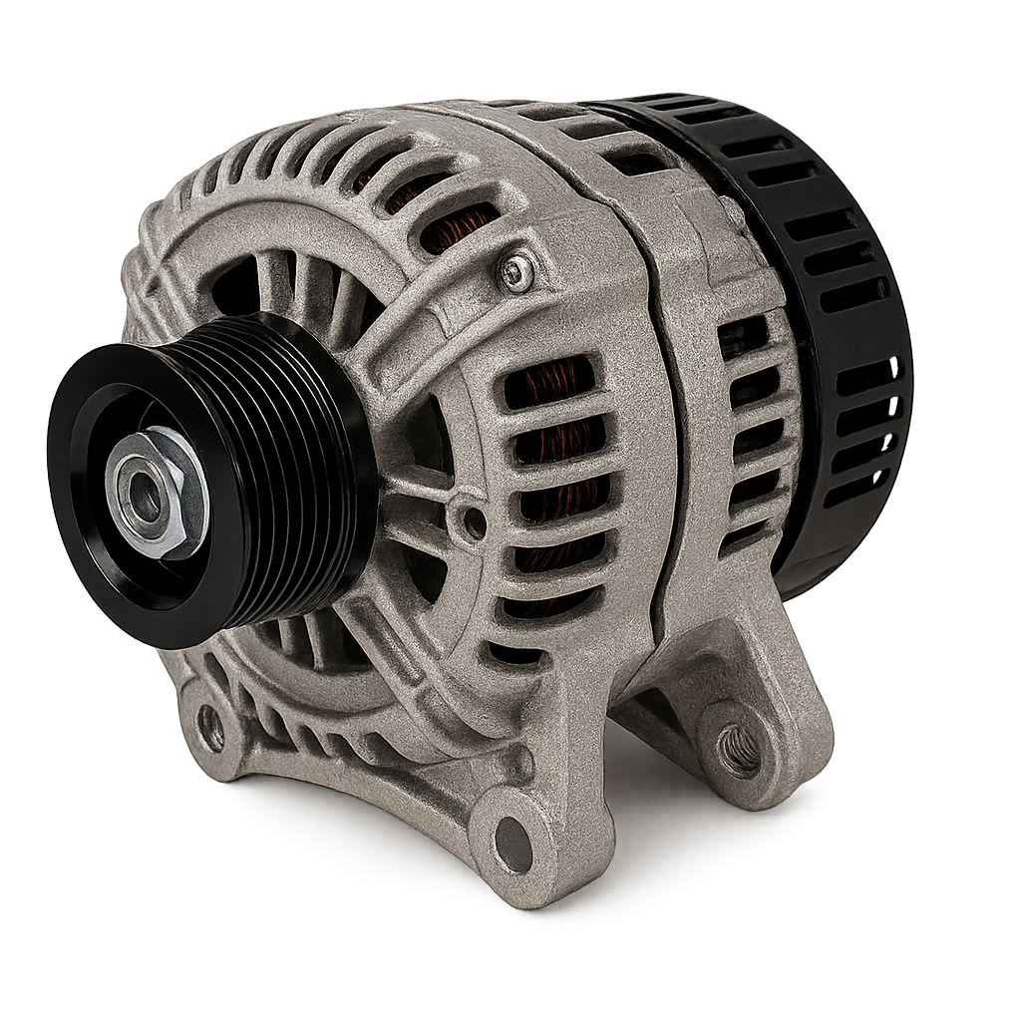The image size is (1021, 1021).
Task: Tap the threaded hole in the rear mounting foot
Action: (x=739, y=749)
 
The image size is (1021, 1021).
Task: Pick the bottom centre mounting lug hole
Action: (x=512, y=844)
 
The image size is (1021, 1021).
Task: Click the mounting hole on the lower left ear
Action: (x=211, y=727)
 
